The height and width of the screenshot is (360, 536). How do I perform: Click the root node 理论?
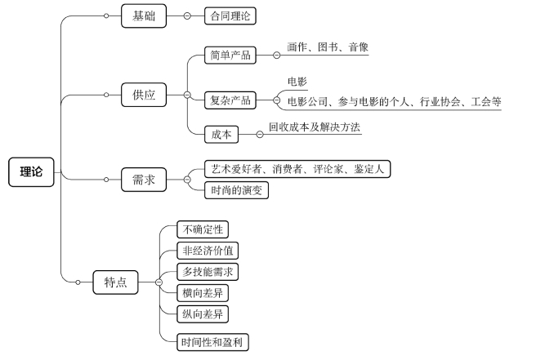(x=31, y=171)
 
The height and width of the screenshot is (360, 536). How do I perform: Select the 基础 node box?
(x=143, y=15)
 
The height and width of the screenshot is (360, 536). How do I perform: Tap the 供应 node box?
(x=143, y=96)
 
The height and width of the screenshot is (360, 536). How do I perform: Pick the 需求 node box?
(x=143, y=180)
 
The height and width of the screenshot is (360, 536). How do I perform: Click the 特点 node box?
(x=115, y=282)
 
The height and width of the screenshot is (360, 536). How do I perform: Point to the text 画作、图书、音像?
(x=328, y=48)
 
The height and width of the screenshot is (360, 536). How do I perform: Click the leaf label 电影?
(x=297, y=82)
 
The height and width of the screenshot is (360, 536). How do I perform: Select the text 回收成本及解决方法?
(x=314, y=127)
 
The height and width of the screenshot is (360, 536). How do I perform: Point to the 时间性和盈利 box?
(x=212, y=342)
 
